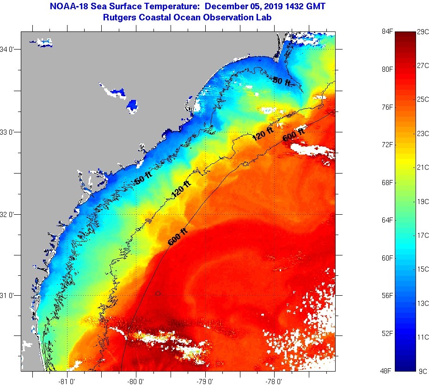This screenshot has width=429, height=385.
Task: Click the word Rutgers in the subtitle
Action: [x=120, y=18]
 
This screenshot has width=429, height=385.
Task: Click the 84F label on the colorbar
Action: [x=386, y=31]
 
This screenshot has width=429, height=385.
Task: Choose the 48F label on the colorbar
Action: [x=386, y=371]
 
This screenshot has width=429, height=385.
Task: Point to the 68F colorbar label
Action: [x=386, y=182]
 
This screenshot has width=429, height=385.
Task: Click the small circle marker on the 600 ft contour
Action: [x=158, y=293]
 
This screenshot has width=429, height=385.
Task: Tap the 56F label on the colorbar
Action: [x=386, y=295]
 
